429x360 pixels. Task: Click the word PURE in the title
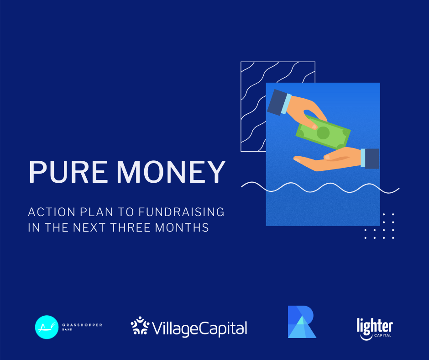coord(68,172)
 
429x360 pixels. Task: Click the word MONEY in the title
coord(171,172)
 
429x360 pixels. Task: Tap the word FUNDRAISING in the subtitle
coord(181,212)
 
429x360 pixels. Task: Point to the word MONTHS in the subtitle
coord(182,228)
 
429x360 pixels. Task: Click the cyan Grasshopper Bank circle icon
coord(47,327)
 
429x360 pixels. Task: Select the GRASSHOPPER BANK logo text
coord(82,327)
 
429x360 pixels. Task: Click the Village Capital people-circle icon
coord(140,325)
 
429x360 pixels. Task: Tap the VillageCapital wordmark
coord(199,328)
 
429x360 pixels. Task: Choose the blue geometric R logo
coord(302,322)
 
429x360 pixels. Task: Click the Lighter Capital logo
coord(375,328)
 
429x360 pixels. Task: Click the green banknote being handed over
coord(323,132)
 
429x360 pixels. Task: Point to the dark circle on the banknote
coord(323,133)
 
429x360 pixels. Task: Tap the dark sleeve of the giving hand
coord(277,102)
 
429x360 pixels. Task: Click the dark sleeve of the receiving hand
coord(372,159)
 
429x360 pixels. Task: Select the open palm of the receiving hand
coord(328,160)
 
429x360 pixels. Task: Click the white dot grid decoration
coord(379,226)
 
